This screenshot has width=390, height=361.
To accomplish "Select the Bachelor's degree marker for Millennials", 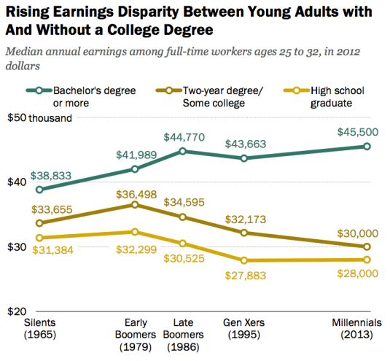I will click(x=367, y=147).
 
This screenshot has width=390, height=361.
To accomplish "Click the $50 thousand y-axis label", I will click(x=41, y=119).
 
